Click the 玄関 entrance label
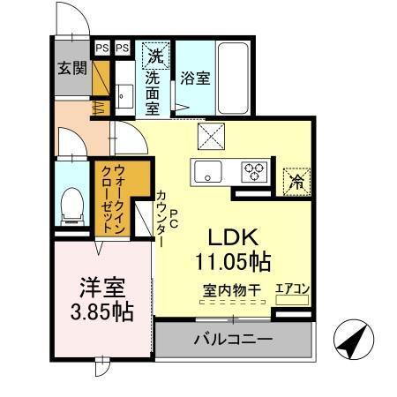coord(72,69)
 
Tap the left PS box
coord(102,48)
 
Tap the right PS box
coord(122,48)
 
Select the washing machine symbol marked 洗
coord(156,56)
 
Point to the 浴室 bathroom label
coord(194,79)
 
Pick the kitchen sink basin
coord(209,171)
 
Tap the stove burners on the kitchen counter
coord(256,171)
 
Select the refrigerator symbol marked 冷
coord(296,181)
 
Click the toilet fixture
coord(70,206)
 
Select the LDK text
coord(232,238)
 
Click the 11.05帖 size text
coord(233,262)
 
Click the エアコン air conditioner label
coord(291,288)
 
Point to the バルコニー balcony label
coord(232,340)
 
